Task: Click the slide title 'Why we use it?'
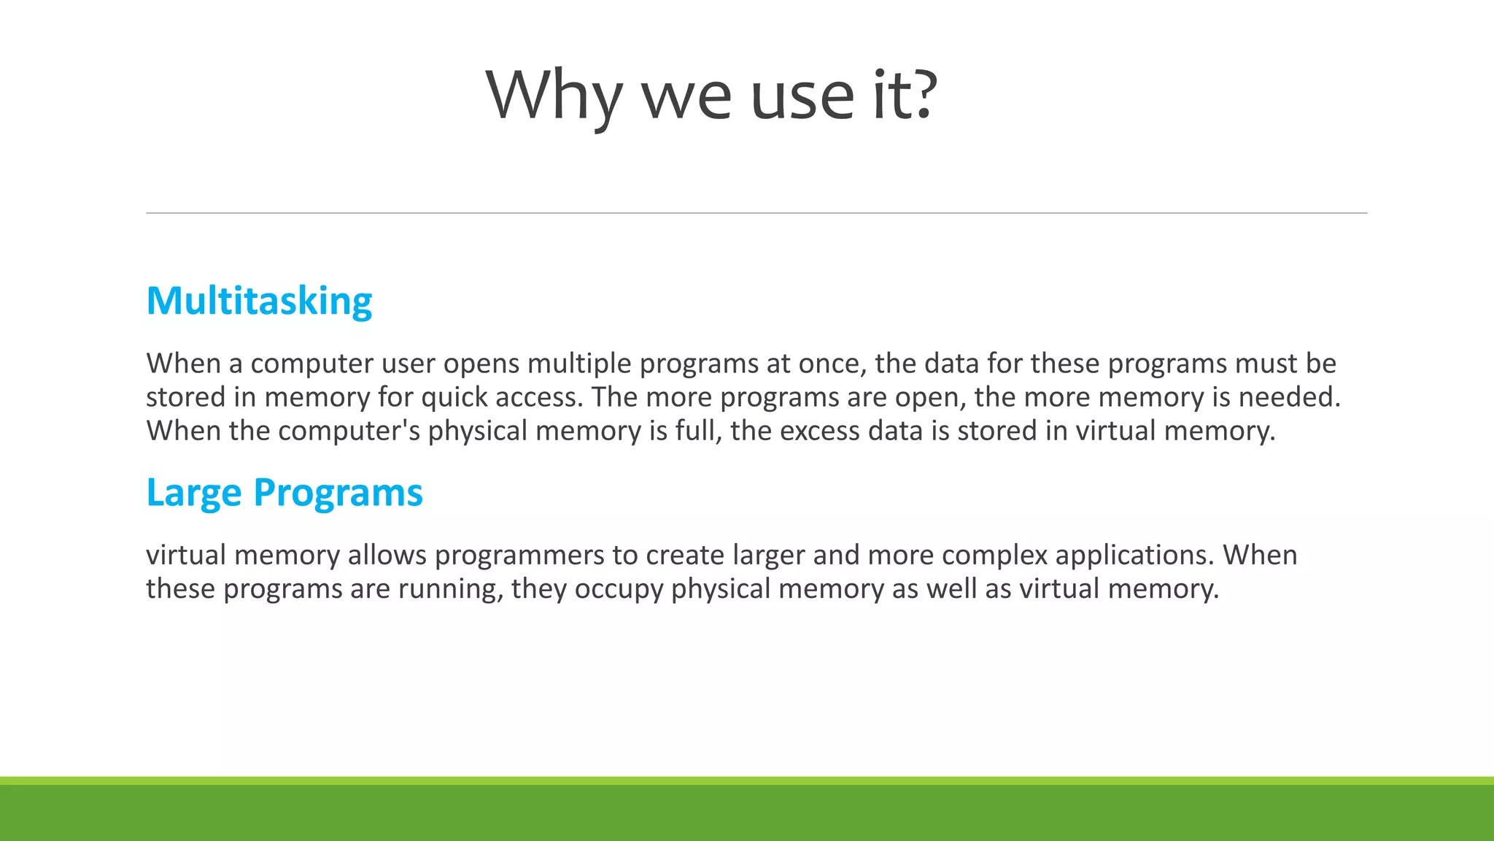click(x=711, y=95)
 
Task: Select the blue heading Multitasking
click(x=259, y=301)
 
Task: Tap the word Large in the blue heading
click(x=193, y=493)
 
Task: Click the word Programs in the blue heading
click(x=338, y=493)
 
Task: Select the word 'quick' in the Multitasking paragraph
click(x=454, y=398)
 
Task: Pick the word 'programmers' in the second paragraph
click(x=519, y=556)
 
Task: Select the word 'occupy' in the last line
click(x=619, y=589)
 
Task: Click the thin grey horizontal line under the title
click(x=756, y=213)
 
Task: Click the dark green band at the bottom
click(x=747, y=813)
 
